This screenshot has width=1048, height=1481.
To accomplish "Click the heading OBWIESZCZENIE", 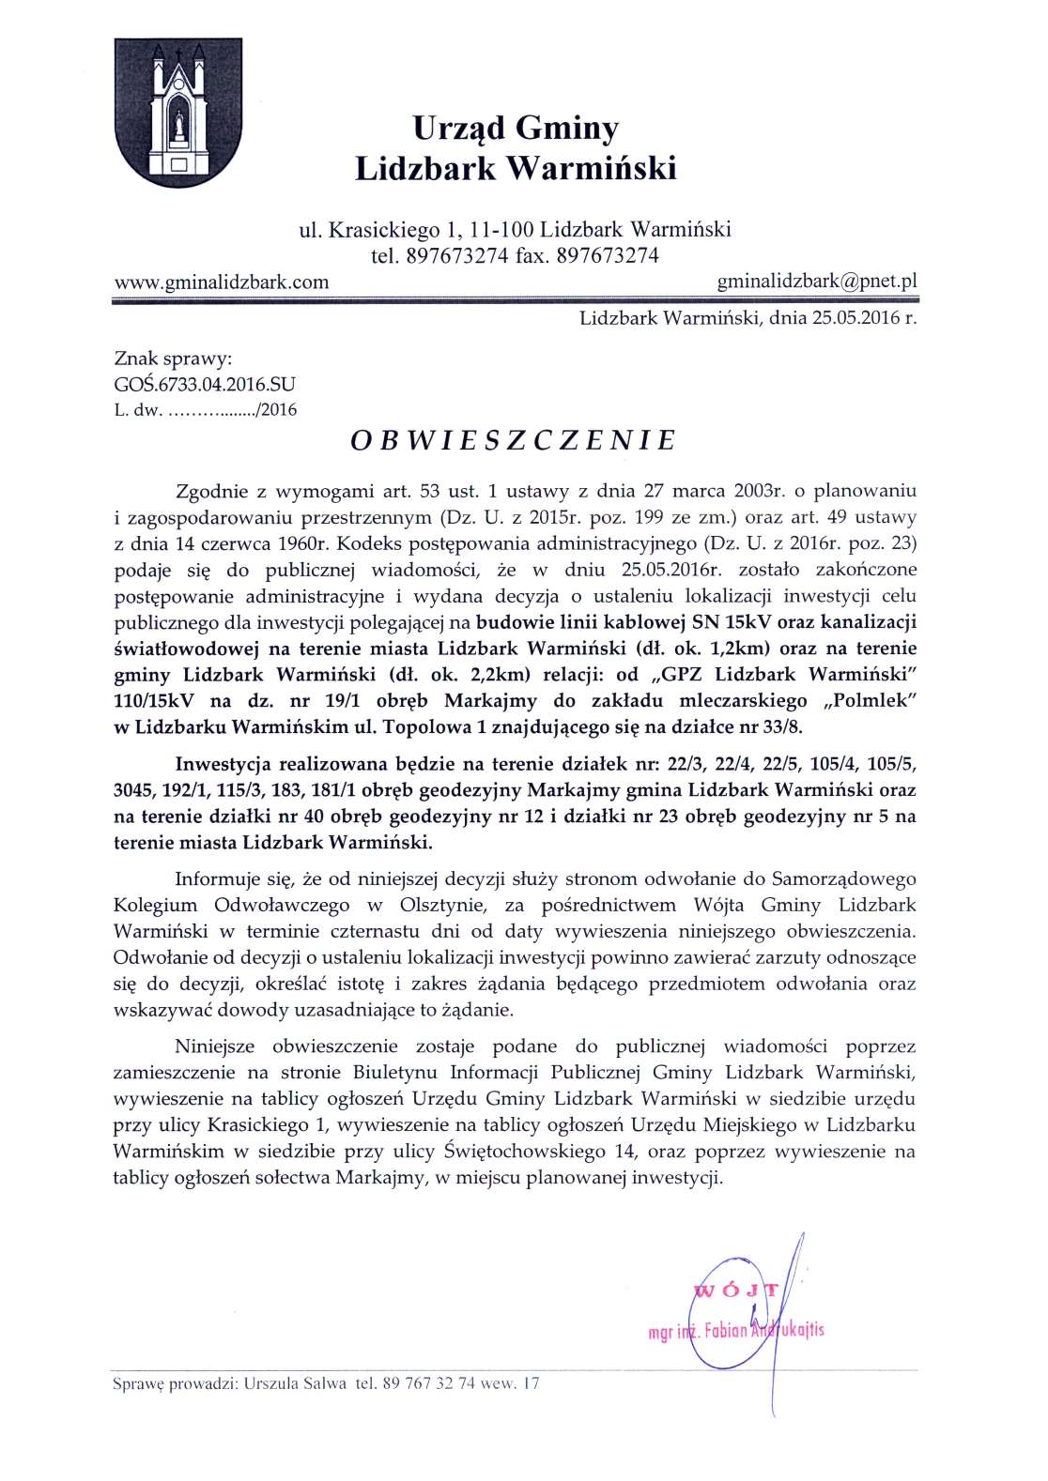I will click(514, 441).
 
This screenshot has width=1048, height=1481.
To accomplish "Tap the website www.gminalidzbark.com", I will click(221, 282).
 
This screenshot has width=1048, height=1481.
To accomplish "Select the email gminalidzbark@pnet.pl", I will click(816, 281).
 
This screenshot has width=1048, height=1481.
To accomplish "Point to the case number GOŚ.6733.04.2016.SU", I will click(204, 384).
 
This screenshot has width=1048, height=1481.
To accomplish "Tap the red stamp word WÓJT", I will click(734, 1291).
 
